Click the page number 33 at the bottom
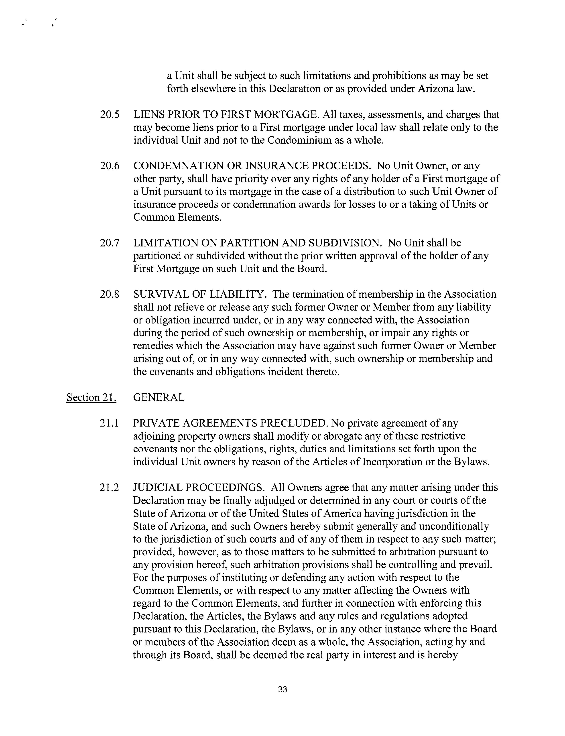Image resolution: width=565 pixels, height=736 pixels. click(282, 689)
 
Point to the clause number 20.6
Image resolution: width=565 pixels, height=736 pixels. click(110, 166)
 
